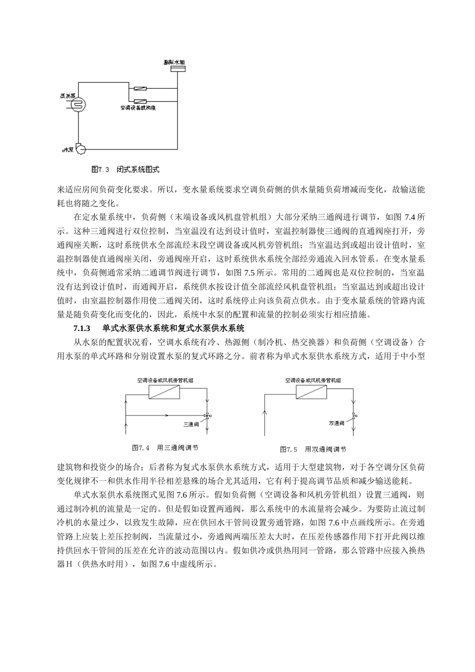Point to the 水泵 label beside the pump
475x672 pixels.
click(x=67, y=149)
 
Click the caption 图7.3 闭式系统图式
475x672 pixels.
click(x=125, y=170)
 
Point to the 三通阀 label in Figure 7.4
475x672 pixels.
click(x=191, y=424)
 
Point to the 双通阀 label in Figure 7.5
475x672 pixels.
click(x=336, y=424)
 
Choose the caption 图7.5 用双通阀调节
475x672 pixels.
click(x=313, y=449)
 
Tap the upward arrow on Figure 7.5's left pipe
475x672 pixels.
click(x=265, y=414)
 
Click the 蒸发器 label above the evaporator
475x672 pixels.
click(x=68, y=94)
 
